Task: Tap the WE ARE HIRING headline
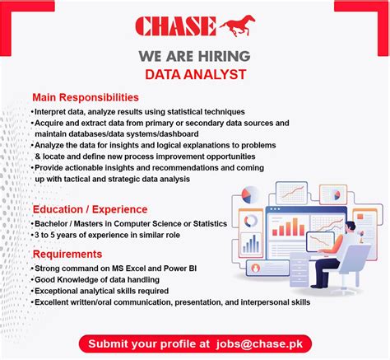coord(194,57)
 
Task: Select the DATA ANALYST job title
coord(194,74)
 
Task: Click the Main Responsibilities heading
coord(86,97)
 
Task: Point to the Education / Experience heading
coord(90,209)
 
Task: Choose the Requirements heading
coord(67,255)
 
